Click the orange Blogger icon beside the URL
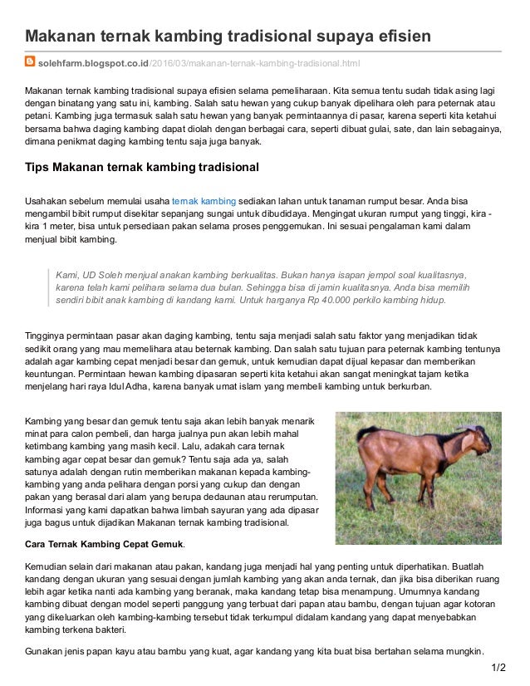pos(30,62)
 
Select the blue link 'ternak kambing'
pos(204,201)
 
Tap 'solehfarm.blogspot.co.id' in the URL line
pos(93,63)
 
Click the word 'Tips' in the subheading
pos(37,167)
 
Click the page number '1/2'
pos(498,667)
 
